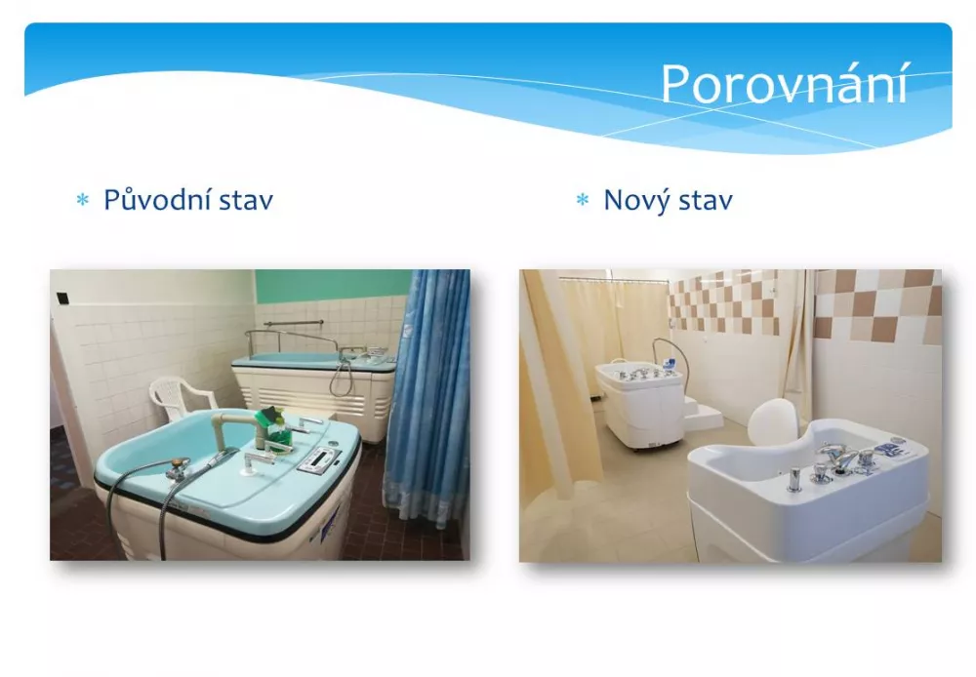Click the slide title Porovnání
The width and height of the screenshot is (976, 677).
click(x=784, y=83)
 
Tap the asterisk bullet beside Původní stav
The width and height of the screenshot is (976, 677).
click(x=82, y=200)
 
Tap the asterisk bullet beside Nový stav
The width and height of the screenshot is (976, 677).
click(x=583, y=200)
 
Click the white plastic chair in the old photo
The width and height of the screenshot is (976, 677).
click(x=179, y=397)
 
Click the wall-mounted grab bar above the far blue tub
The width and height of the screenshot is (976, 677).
click(x=293, y=323)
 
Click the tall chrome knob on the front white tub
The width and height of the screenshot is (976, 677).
click(x=794, y=479)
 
